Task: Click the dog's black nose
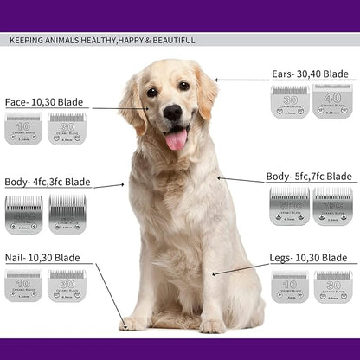coord(172,112)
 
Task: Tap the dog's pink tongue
coord(177,138)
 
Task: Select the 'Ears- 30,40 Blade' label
coord(310,74)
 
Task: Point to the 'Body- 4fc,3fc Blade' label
coord(47,183)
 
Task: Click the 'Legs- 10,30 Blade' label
coord(309,258)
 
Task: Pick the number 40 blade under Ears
coord(332,101)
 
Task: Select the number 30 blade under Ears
coord(290,101)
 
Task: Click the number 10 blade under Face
coord(23,128)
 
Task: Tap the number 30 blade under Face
coord(67,128)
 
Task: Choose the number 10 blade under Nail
coord(23,285)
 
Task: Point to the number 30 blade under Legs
coord(332,286)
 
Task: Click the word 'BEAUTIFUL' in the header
coord(170,40)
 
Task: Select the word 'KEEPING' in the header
coord(28,40)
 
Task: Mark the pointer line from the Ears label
coord(240,79)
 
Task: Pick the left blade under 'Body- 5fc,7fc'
coord(290,206)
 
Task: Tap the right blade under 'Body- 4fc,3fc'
coord(67,213)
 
